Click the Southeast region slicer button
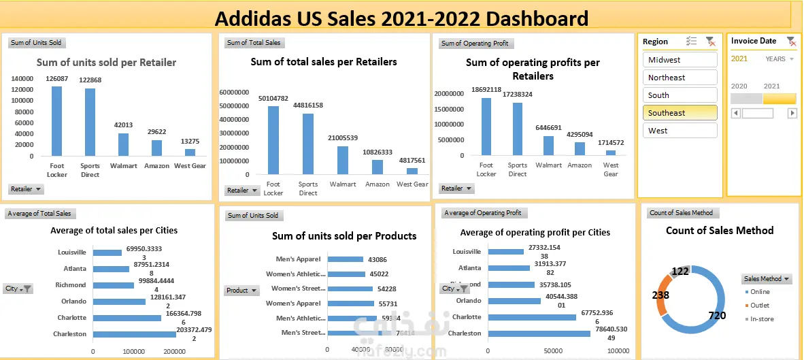[x=680, y=113]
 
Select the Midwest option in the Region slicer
[x=680, y=60]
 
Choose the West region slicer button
[x=680, y=131]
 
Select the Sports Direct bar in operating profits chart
[x=518, y=129]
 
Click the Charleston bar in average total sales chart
[x=134, y=334]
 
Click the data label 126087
[x=57, y=79]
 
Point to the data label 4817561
[x=412, y=161]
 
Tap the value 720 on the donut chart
[x=717, y=316]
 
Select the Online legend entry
[x=760, y=292]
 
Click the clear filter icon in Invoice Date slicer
[x=790, y=41]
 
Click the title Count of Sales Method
[x=720, y=231]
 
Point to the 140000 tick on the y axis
[x=22, y=78]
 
